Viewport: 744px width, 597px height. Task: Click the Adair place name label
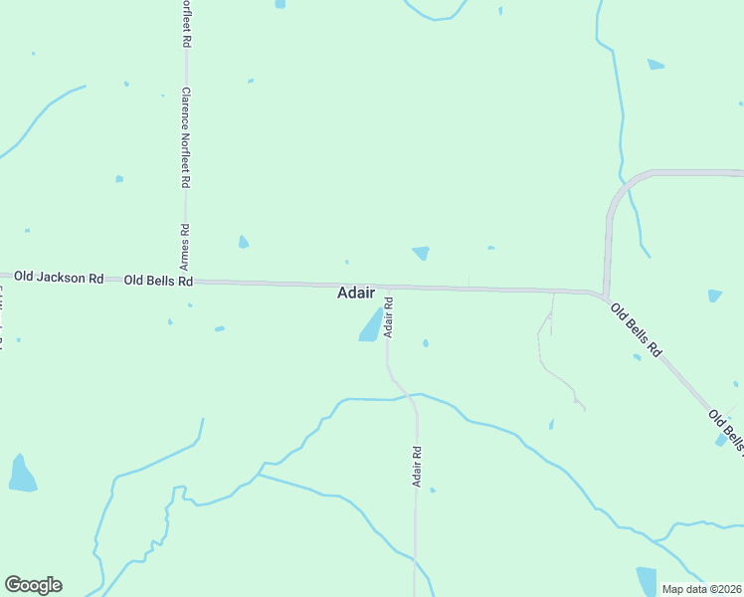(x=356, y=293)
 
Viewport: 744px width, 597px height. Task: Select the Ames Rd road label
(x=184, y=248)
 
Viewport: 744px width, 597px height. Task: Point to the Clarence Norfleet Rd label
(x=185, y=138)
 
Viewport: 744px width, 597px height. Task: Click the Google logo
(x=33, y=585)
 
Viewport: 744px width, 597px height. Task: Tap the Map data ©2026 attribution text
(x=701, y=588)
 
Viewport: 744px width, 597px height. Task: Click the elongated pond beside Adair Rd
(x=370, y=325)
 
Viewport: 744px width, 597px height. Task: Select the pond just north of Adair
(x=421, y=253)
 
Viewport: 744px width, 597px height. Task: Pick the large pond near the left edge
(x=21, y=475)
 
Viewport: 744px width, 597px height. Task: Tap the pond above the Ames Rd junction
(x=244, y=242)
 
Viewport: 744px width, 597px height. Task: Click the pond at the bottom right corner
(x=648, y=580)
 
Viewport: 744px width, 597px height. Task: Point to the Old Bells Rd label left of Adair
(x=158, y=282)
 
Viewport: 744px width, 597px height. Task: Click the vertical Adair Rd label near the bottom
(x=418, y=465)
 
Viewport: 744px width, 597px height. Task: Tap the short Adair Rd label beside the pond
(x=389, y=316)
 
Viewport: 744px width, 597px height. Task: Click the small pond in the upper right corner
(x=655, y=65)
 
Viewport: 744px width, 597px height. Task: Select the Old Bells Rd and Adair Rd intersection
(x=387, y=288)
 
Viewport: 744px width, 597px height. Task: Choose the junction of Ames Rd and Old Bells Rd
(x=186, y=282)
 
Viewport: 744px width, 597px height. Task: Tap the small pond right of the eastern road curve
(x=714, y=296)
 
